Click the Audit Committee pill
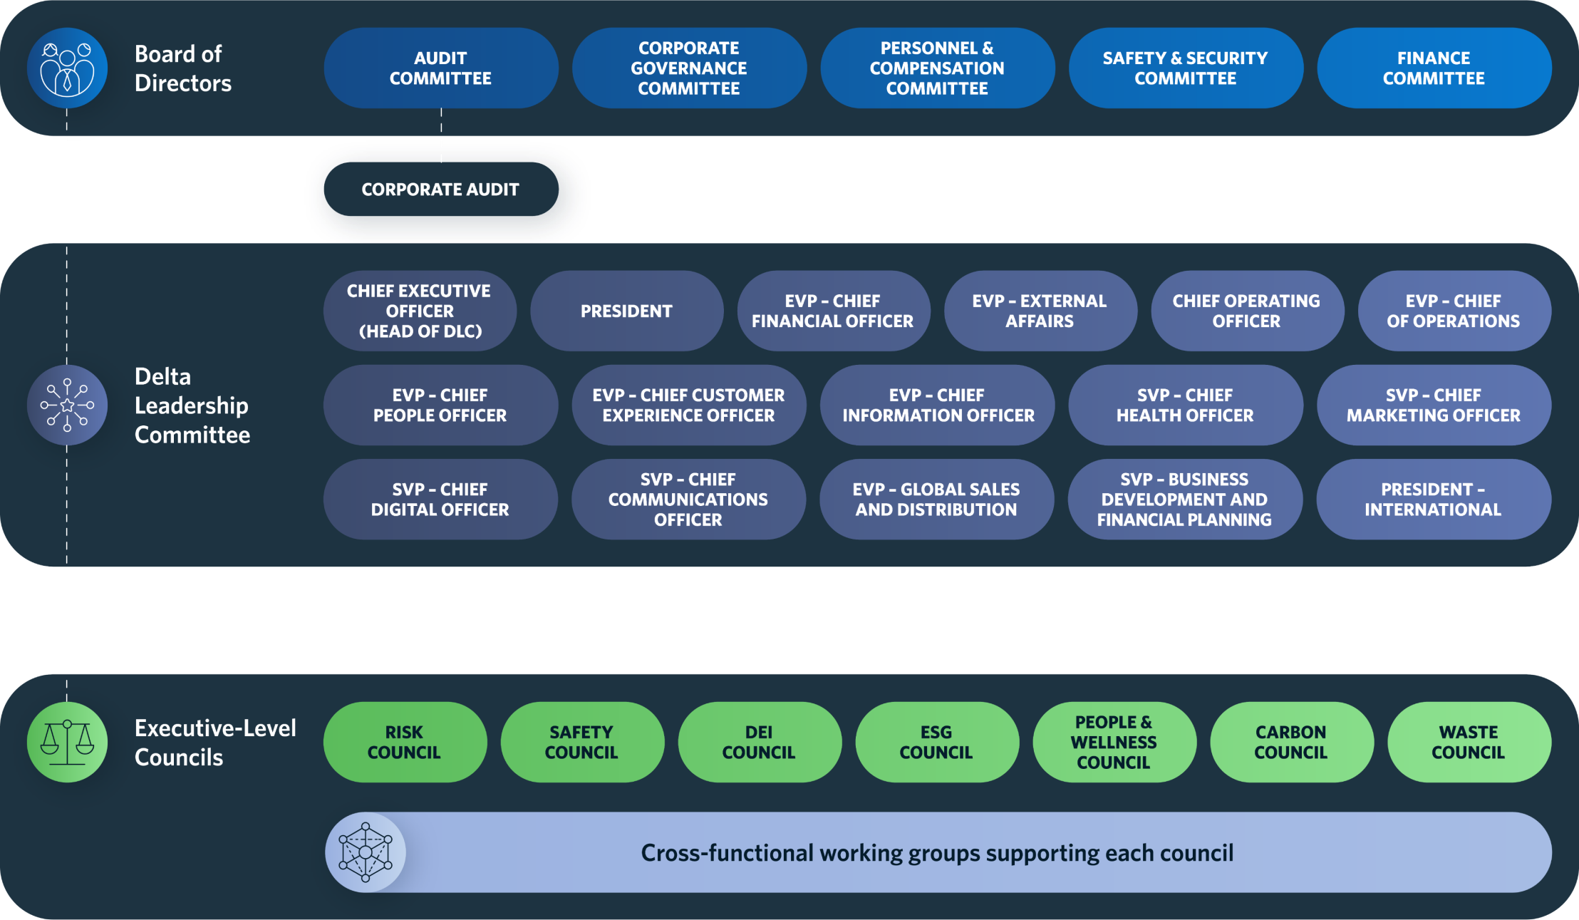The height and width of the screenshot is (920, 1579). point(440,68)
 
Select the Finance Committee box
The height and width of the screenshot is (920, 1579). point(1434,68)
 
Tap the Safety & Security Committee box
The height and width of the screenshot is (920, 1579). point(1185,68)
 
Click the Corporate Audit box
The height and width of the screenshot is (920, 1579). point(440,190)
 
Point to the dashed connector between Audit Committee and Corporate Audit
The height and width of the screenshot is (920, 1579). point(441,135)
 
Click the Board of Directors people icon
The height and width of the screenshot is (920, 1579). point(67,68)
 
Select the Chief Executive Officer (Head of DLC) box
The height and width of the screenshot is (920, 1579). point(419,311)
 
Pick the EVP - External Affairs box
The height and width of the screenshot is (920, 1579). point(1040,311)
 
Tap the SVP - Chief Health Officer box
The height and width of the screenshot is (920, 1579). point(1185,405)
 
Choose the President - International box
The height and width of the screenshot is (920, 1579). point(1433,499)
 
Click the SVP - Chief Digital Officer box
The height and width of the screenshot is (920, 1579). point(440,499)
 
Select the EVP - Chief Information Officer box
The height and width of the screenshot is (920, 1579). point(938,405)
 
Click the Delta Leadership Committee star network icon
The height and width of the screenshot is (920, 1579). point(67,405)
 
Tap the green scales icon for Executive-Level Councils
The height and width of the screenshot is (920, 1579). point(67,742)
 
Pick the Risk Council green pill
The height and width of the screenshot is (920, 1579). point(404,742)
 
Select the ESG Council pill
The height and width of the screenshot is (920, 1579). point(936,742)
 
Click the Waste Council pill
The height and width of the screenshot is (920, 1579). point(1469,742)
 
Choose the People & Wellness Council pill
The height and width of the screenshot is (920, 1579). point(1114,742)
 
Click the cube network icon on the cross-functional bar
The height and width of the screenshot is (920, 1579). point(366,852)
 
